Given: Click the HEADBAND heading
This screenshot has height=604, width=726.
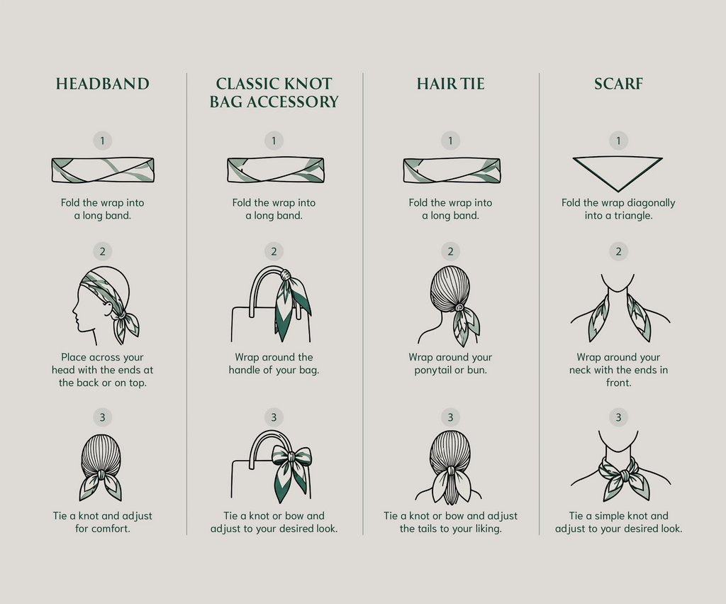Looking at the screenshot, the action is pyautogui.click(x=102, y=84).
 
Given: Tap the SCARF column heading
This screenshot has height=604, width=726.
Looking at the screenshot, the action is pyautogui.click(x=618, y=84).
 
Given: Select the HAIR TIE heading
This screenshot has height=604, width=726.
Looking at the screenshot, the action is pyautogui.click(x=450, y=84).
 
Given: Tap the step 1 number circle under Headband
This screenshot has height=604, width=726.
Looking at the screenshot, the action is pyautogui.click(x=102, y=141).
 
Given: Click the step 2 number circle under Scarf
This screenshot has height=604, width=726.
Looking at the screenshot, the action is pyautogui.click(x=618, y=251).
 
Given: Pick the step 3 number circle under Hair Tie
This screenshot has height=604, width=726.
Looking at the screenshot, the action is pyautogui.click(x=450, y=417).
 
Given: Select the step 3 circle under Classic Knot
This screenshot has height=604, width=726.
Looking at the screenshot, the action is pyautogui.click(x=274, y=417).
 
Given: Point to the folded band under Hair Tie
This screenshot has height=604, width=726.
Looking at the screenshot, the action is pyautogui.click(x=452, y=170).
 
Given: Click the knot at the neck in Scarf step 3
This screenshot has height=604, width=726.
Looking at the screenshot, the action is pyautogui.click(x=623, y=475).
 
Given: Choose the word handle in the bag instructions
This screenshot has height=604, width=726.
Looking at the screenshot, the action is pyautogui.click(x=245, y=370).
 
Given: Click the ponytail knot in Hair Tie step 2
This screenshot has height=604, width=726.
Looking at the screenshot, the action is pyautogui.click(x=459, y=307).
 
